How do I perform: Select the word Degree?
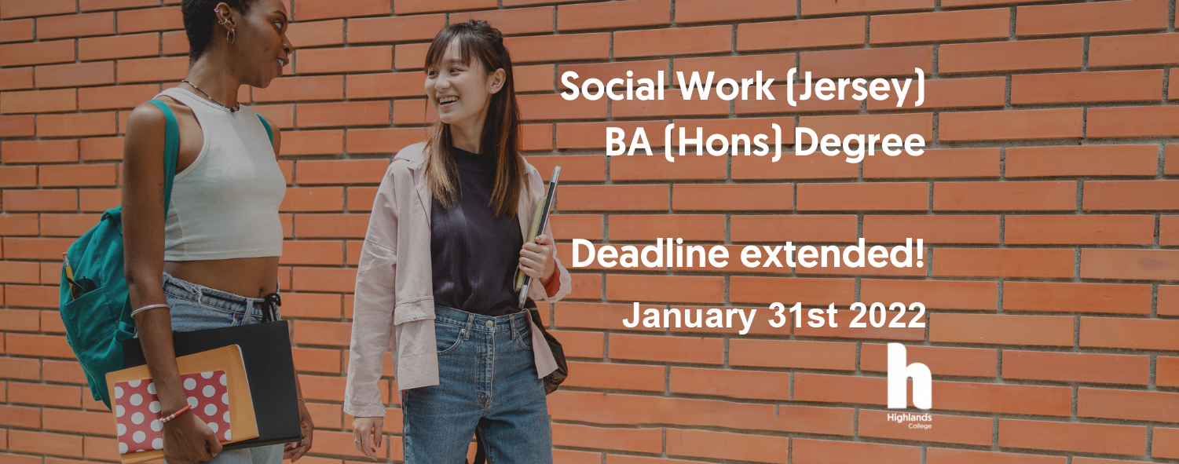pyautogui.click(x=859, y=143)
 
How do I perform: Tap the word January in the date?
pyautogui.click(x=690, y=316)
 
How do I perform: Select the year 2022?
pyautogui.click(x=887, y=316)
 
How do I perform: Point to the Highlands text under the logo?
pyautogui.click(x=909, y=418)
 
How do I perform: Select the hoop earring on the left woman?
pyautogui.click(x=230, y=36)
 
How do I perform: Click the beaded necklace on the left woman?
pyautogui.click(x=211, y=97)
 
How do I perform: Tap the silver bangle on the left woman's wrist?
pyautogui.click(x=151, y=309)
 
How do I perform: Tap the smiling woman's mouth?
pyautogui.click(x=448, y=100)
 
